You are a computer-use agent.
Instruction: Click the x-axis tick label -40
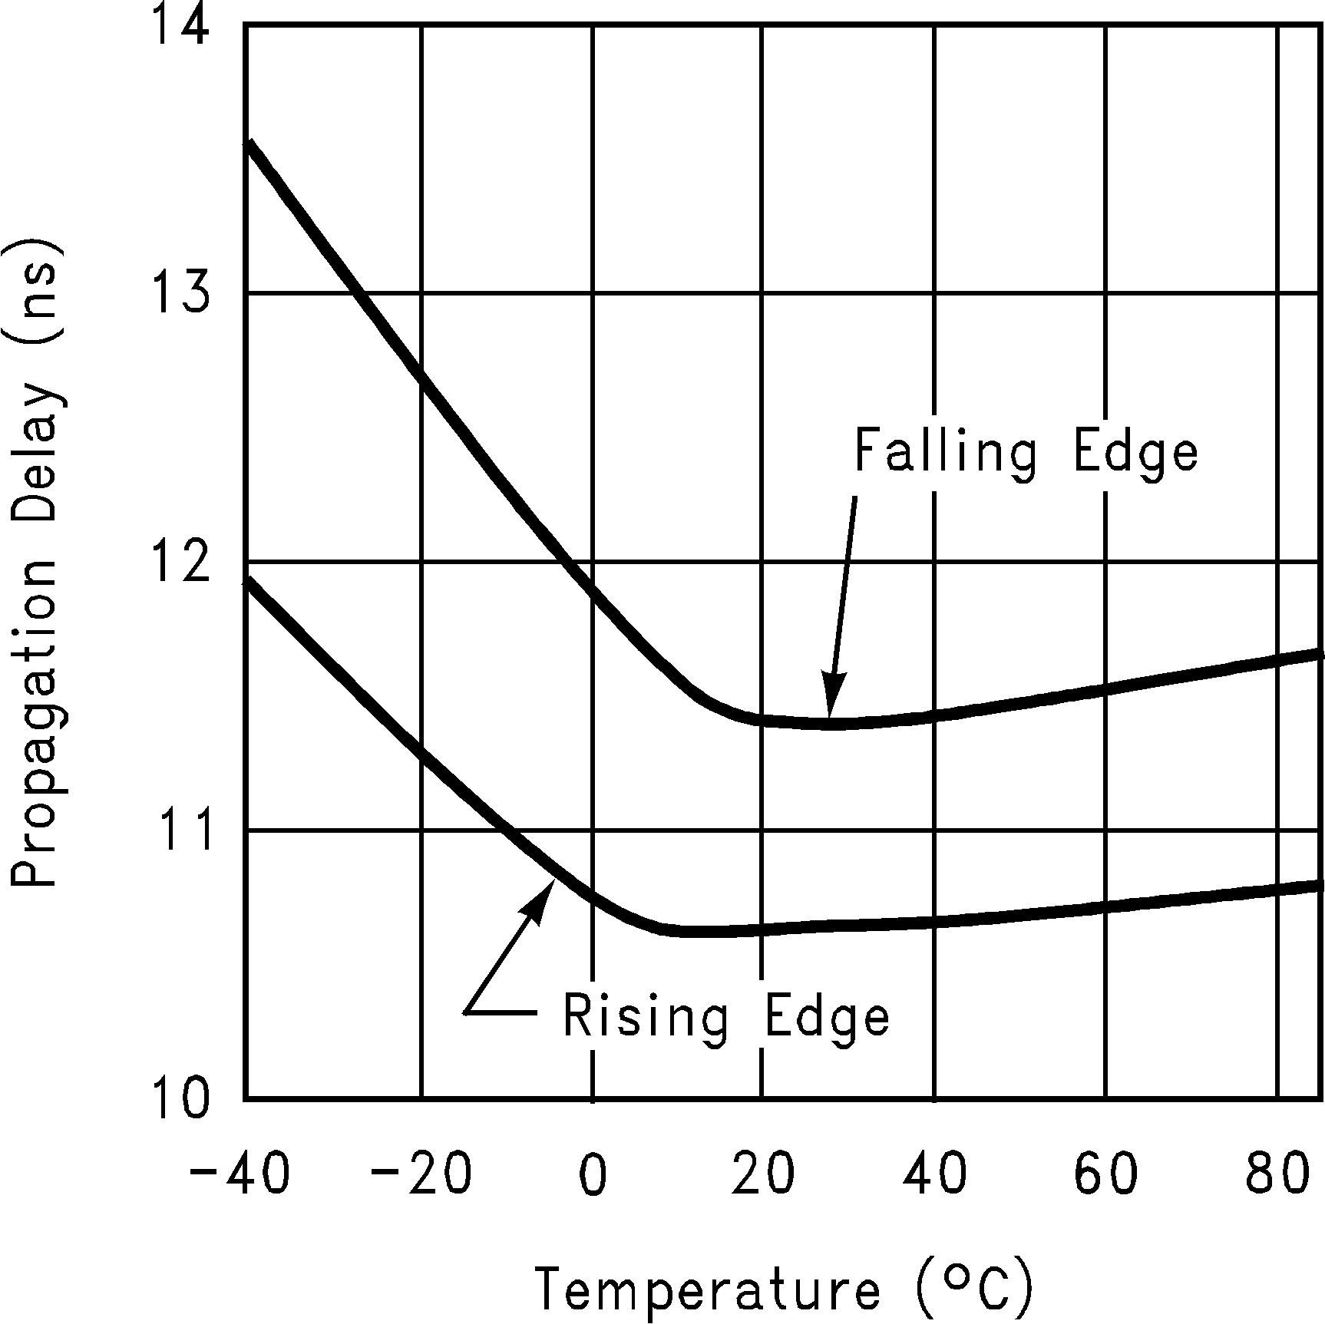[x=239, y=1175]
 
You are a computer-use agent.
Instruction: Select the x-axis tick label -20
[x=421, y=1175]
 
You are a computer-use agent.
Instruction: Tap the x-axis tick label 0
[x=593, y=1175]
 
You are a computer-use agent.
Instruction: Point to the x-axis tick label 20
[x=762, y=1175]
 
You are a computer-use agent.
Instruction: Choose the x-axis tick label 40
[x=934, y=1175]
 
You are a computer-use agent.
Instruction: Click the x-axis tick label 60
[x=1105, y=1175]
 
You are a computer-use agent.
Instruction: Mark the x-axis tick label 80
[x=1277, y=1175]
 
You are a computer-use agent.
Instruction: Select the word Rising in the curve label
[x=646, y=1015]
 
